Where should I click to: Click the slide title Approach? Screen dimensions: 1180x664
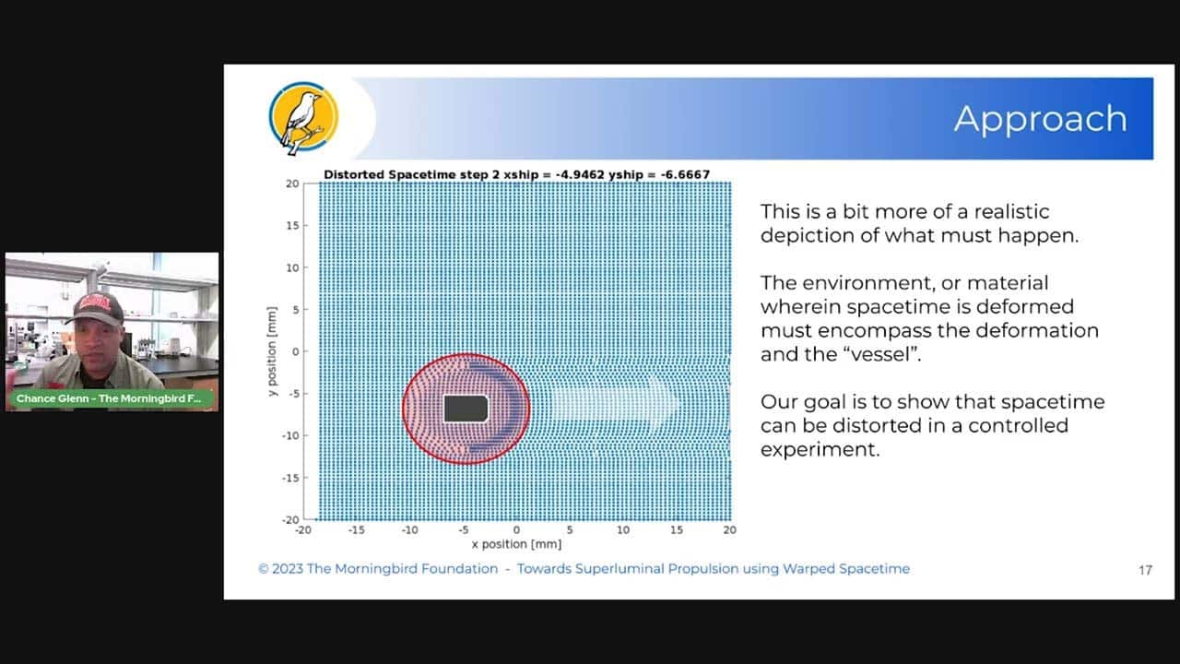coord(1041,120)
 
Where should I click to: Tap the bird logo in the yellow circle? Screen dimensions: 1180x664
coord(304,117)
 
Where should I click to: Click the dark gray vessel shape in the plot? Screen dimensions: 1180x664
coord(466,409)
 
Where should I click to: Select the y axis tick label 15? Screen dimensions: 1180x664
coord(292,226)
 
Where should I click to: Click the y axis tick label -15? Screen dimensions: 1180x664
coord(290,478)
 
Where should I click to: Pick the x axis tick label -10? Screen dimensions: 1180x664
coord(410,529)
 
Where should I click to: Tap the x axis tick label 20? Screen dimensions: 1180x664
coord(729,529)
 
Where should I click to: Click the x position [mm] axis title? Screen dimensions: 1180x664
coord(516,544)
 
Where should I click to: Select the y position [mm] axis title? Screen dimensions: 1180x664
coord(271,351)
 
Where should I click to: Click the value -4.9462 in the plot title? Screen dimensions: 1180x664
coord(580,174)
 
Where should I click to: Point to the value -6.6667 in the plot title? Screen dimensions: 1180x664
coord(685,174)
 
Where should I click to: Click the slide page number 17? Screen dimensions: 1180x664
coord(1145,570)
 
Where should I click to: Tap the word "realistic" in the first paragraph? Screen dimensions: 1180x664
coord(1011,211)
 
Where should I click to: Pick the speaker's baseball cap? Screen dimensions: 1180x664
coord(98,307)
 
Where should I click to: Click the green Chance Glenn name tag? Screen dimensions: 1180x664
coord(110,398)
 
